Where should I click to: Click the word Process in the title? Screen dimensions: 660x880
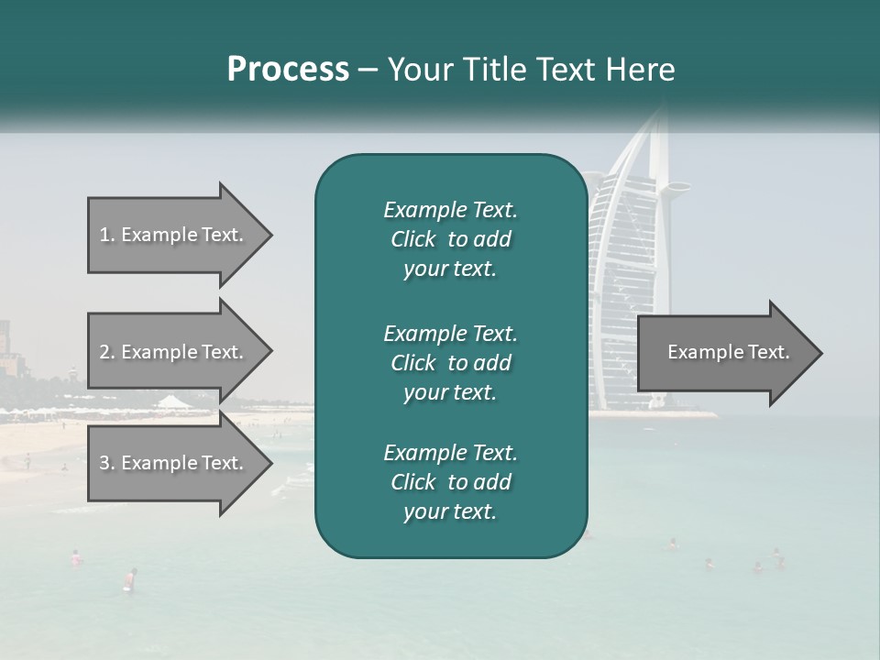(x=288, y=70)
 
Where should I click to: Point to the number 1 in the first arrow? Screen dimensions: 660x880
(x=104, y=235)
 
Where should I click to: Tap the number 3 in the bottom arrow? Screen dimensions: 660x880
(x=104, y=463)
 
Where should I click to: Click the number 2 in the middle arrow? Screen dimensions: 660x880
(x=104, y=352)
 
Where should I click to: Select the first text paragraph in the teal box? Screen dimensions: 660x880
(x=450, y=239)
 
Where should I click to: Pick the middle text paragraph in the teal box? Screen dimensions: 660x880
(x=450, y=363)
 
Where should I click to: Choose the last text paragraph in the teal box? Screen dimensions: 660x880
(x=450, y=482)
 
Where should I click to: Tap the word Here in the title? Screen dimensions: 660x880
(x=641, y=70)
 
